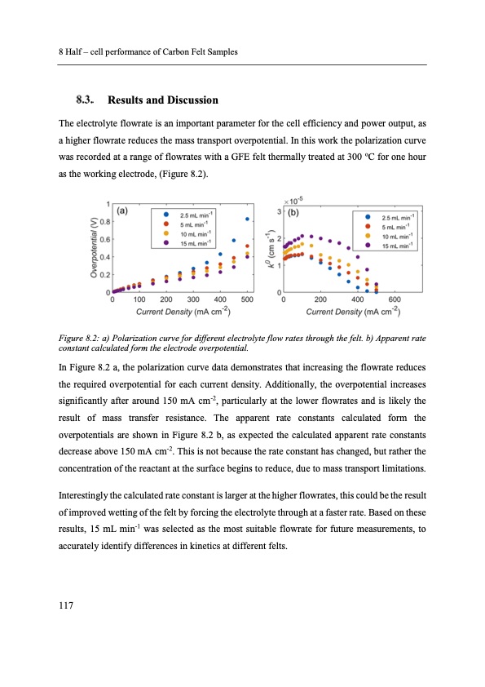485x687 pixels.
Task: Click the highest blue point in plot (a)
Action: click(247, 219)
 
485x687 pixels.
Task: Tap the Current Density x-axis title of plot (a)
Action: click(183, 312)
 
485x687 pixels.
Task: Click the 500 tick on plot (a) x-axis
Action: click(247, 300)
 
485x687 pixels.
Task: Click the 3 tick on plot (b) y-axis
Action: click(280, 211)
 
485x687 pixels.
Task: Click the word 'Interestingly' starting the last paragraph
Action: click(85, 494)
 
